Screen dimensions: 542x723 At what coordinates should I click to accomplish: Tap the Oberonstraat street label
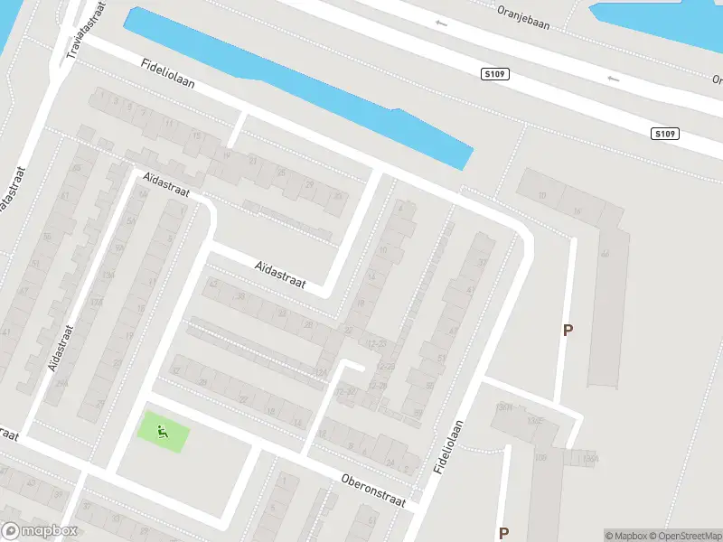point(373,490)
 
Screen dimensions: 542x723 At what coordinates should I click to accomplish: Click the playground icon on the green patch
point(164,431)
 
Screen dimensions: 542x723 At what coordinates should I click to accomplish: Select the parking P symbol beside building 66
point(568,331)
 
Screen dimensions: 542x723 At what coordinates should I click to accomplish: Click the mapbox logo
point(40,531)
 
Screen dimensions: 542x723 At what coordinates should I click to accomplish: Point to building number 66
point(604,254)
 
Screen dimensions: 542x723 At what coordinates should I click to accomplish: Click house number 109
point(541,459)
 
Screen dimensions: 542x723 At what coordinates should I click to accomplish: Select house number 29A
point(61,384)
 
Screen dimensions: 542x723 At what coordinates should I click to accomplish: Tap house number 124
point(319,373)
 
